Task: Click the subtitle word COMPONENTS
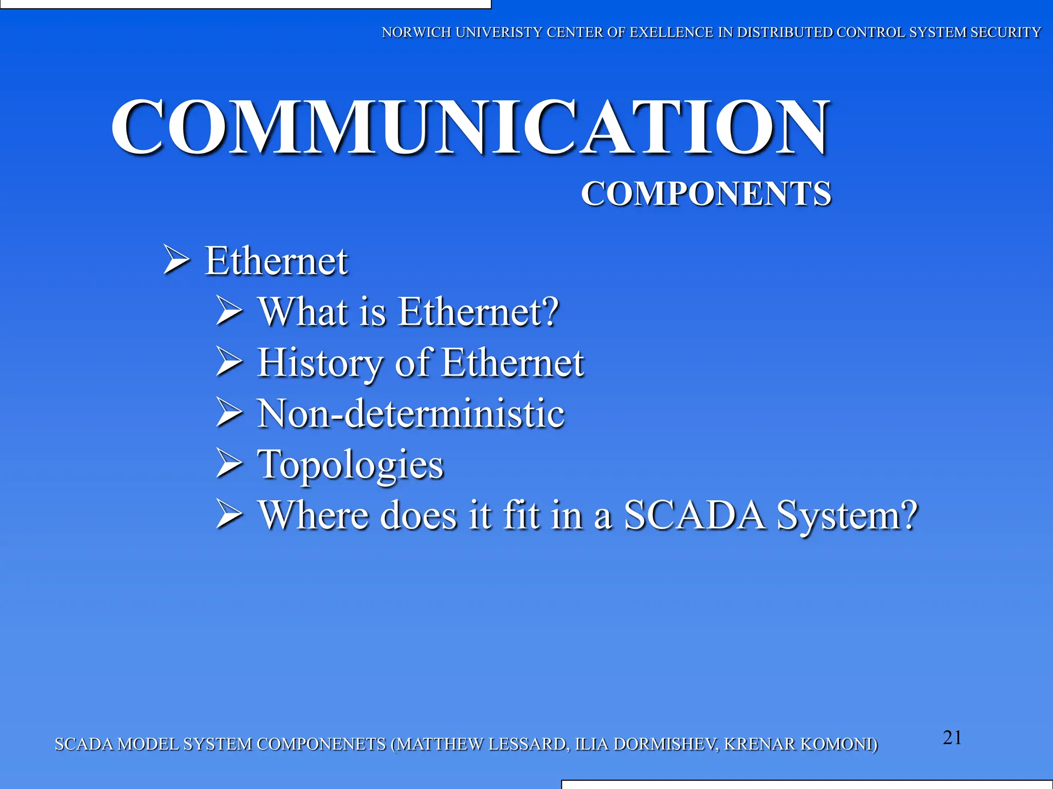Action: click(x=706, y=194)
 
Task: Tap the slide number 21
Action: click(x=952, y=738)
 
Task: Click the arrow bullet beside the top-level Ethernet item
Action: click(x=177, y=259)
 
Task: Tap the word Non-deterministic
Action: click(x=411, y=413)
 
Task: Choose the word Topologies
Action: click(x=350, y=464)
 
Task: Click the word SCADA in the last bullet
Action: click(x=694, y=515)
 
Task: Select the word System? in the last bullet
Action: click(x=847, y=515)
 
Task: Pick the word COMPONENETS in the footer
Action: click(x=321, y=744)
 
